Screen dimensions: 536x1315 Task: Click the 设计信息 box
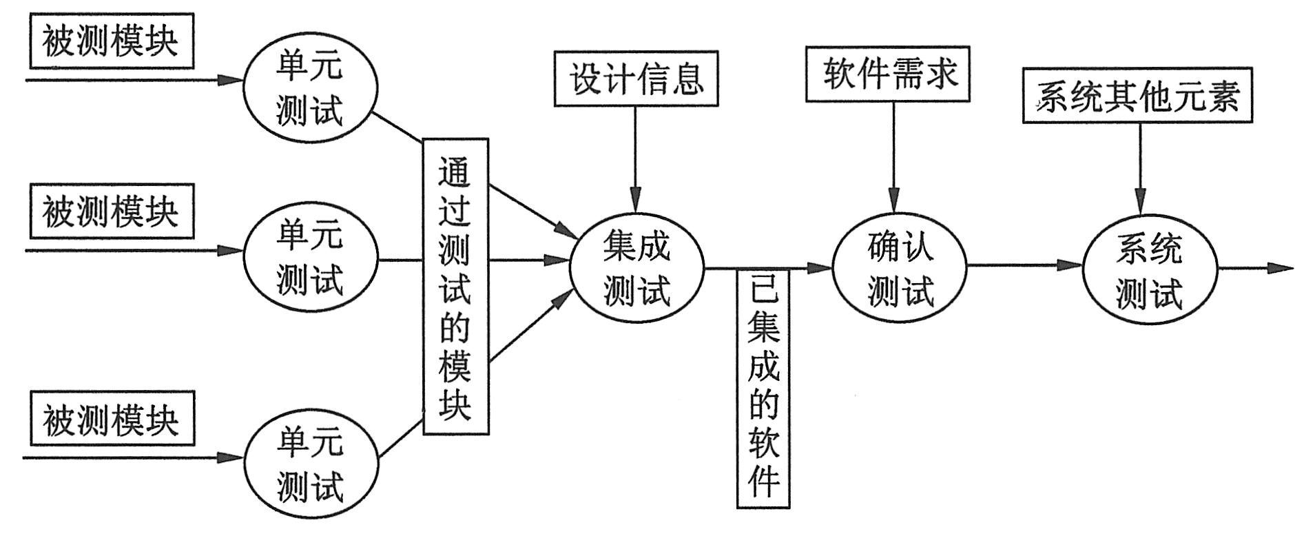(636, 79)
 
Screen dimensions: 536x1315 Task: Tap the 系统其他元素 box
(1137, 96)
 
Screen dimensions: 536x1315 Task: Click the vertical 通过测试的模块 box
(455, 287)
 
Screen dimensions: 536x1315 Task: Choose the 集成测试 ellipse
(636, 267)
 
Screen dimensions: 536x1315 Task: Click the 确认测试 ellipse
(900, 267)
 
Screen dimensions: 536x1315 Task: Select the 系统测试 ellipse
(1149, 269)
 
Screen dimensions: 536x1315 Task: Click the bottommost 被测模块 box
(111, 419)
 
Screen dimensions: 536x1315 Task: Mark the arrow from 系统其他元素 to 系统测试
(1139, 169)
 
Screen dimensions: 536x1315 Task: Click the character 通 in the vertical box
(455, 172)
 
